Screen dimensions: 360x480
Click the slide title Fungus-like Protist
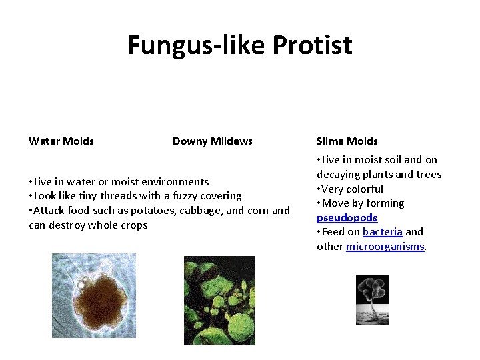239,45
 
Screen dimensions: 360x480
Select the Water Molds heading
61,141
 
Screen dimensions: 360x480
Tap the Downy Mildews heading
213,141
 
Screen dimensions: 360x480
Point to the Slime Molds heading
347,141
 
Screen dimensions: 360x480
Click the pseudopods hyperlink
347,218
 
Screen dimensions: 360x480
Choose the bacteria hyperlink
382,232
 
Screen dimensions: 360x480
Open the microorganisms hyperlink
385,247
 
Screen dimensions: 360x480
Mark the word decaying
339,175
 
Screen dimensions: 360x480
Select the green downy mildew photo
219,300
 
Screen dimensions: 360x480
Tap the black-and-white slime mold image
372,300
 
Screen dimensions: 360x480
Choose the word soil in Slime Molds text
392,160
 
